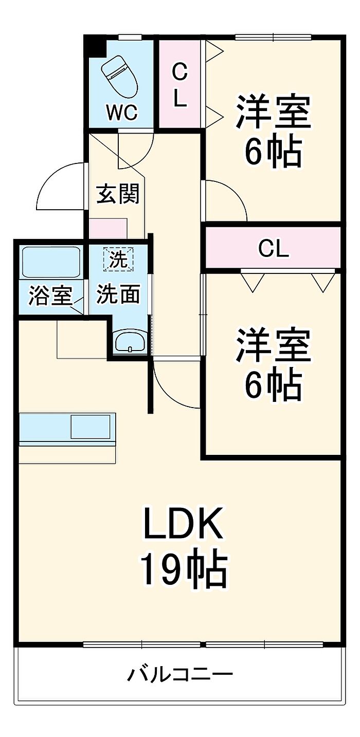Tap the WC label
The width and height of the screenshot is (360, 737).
point(121,112)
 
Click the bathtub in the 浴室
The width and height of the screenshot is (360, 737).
point(50,262)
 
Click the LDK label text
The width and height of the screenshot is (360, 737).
point(183,524)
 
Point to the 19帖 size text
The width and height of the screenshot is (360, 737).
point(184,568)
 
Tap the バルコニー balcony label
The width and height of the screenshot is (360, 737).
point(180,673)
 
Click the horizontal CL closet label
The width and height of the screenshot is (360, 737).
point(274,249)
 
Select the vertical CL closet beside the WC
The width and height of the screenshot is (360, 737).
point(179,84)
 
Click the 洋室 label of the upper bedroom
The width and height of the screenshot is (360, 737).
point(273,111)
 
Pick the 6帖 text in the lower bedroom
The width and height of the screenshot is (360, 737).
point(273,385)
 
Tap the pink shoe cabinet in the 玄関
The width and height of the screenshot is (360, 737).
point(108,228)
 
